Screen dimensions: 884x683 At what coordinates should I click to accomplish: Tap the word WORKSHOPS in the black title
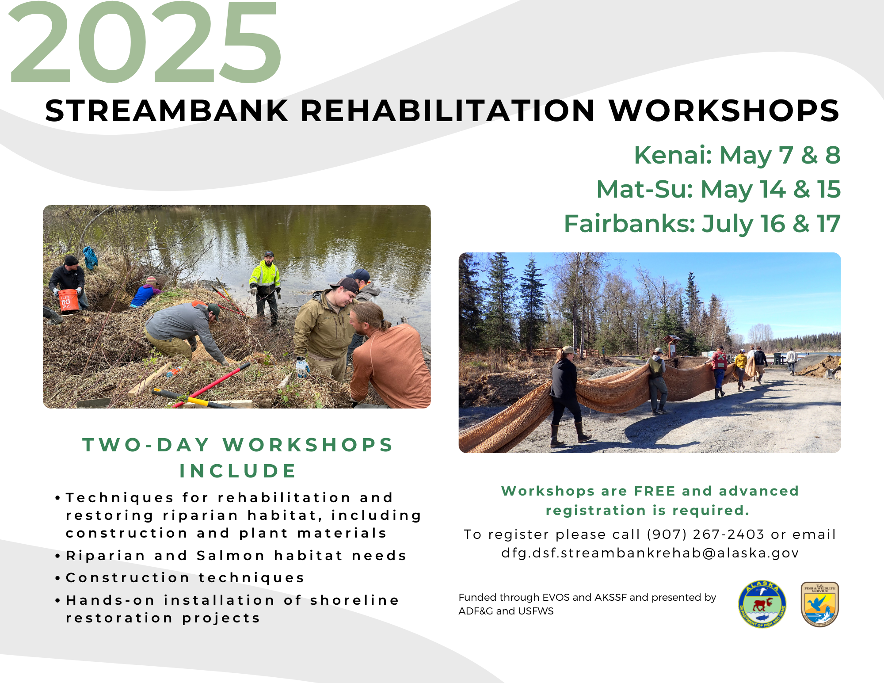coord(724,111)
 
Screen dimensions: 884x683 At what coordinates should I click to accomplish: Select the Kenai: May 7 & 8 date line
coord(737,155)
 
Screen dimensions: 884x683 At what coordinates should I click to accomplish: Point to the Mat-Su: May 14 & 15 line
coord(718,189)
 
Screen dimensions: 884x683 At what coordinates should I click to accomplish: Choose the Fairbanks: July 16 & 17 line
coord(702,224)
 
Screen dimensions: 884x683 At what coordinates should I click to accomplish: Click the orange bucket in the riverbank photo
coord(69,301)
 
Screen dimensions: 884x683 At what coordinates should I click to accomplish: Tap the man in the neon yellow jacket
coord(265,287)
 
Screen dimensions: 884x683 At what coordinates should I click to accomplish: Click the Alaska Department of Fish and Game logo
coord(762,604)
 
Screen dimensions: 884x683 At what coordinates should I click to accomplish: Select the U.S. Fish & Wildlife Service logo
coord(820,604)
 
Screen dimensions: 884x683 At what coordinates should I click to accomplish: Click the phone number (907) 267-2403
coord(705,534)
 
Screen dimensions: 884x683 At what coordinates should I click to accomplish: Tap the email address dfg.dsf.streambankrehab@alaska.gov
coord(650,553)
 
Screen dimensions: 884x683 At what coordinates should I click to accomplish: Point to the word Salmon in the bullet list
coord(231,556)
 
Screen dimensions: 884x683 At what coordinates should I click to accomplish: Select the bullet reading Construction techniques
coord(185,578)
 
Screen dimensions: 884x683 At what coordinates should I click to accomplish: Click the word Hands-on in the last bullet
coord(110,600)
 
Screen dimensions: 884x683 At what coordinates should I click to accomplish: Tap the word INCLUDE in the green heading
coord(238,471)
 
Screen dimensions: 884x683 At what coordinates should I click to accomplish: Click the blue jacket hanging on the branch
coord(90,258)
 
